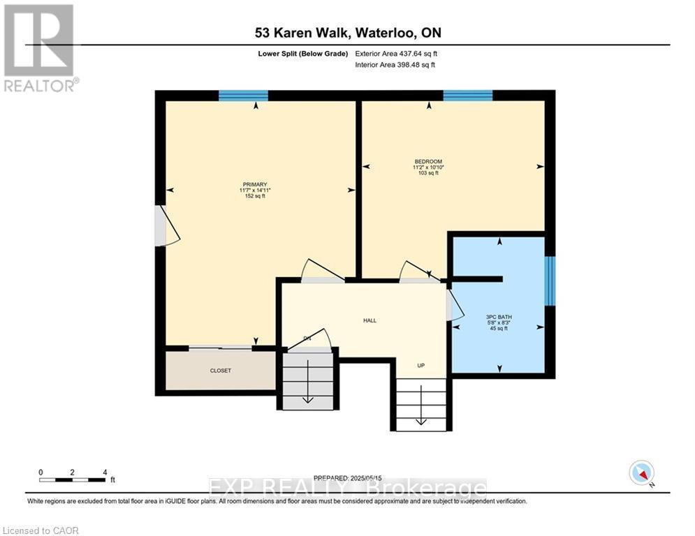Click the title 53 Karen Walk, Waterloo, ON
[x=347, y=33]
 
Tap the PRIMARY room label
[x=255, y=184]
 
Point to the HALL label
[x=370, y=320]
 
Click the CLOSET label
[x=220, y=371]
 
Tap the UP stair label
[x=421, y=366]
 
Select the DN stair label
[x=307, y=338]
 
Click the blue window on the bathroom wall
[x=550, y=281]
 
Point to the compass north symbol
[x=641, y=472]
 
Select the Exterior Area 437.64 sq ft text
[x=396, y=53]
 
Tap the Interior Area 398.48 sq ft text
[x=395, y=65]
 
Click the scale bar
[x=73, y=479]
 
